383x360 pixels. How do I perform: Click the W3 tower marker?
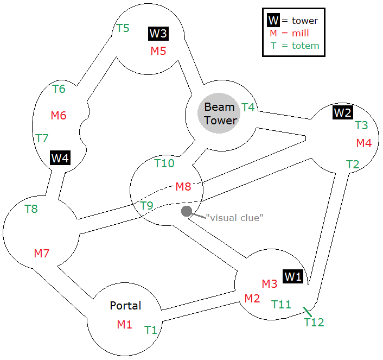click(x=158, y=34)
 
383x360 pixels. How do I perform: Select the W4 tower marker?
click(x=60, y=158)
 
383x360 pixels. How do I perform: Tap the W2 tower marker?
click(x=342, y=112)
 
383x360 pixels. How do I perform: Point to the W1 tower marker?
click(x=293, y=276)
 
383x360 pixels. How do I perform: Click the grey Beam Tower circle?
click(x=220, y=113)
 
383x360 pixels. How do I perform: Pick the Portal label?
click(x=125, y=306)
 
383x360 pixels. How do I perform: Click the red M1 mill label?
click(x=125, y=325)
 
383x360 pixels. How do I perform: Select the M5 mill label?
click(x=158, y=51)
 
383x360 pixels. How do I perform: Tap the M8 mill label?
click(x=183, y=187)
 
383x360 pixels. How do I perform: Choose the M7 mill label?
click(x=42, y=253)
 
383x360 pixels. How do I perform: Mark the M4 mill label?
click(x=364, y=143)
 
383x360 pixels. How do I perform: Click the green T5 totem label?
click(x=123, y=28)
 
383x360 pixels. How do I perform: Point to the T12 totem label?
click(x=314, y=323)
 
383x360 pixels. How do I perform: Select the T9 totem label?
click(x=147, y=206)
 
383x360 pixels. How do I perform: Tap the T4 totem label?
click(x=248, y=108)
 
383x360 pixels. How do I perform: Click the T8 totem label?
click(x=31, y=208)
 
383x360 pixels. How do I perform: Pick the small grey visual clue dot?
click(x=187, y=211)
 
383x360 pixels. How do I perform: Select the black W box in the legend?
click(x=273, y=21)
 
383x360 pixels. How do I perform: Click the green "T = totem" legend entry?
click(x=295, y=46)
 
